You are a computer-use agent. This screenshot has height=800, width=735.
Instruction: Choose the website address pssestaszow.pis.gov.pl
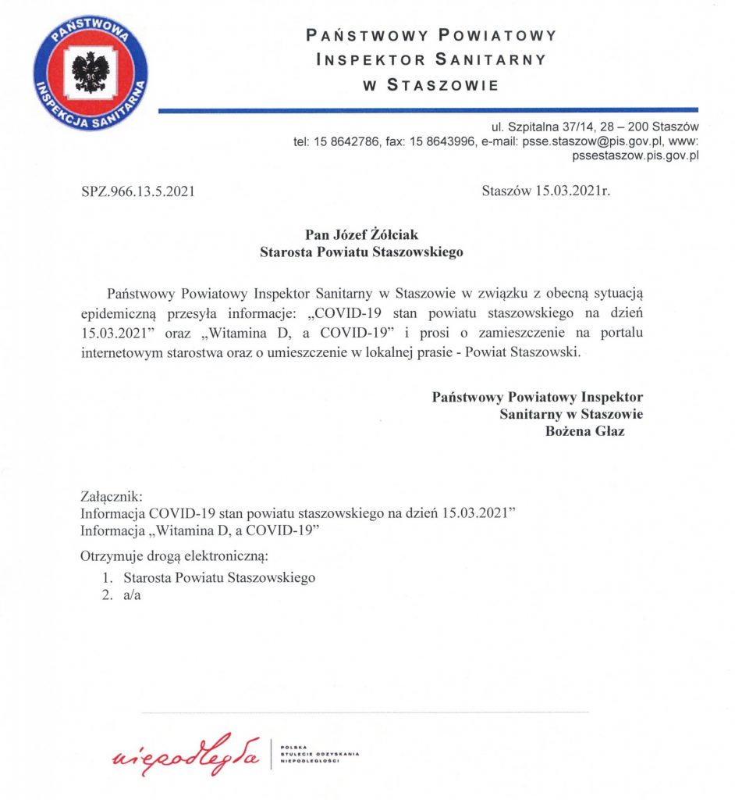(x=634, y=155)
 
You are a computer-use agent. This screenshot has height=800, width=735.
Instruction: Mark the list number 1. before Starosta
(x=108, y=578)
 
